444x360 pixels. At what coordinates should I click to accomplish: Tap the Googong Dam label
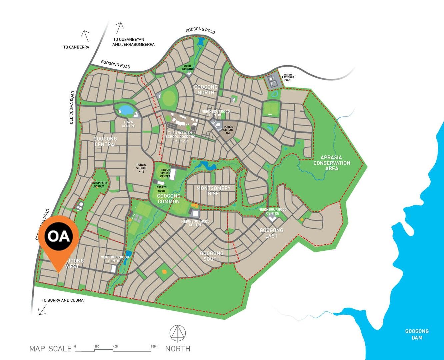coord(417,334)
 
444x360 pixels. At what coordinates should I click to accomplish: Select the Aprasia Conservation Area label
coord(332,163)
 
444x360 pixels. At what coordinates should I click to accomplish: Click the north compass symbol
coord(178,333)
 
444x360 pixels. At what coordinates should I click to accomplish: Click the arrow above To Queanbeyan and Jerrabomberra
coord(119,28)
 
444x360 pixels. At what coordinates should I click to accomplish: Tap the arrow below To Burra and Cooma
coord(42,310)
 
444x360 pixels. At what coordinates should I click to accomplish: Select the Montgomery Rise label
coord(213,191)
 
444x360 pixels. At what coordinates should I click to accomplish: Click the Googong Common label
coord(169,199)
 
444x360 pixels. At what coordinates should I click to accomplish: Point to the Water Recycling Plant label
coord(288,77)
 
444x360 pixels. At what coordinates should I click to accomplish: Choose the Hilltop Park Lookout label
coord(99,184)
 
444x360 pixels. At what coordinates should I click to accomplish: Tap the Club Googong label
coord(187,67)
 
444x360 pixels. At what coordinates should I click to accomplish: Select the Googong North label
coord(206,89)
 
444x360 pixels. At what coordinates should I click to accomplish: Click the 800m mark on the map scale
coord(154,347)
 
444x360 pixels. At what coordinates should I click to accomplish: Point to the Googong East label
coord(271,233)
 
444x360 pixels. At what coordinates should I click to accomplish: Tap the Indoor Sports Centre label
coord(165,173)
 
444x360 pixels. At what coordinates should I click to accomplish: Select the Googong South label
coord(212,256)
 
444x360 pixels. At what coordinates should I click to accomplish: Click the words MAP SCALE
coord(50,349)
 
